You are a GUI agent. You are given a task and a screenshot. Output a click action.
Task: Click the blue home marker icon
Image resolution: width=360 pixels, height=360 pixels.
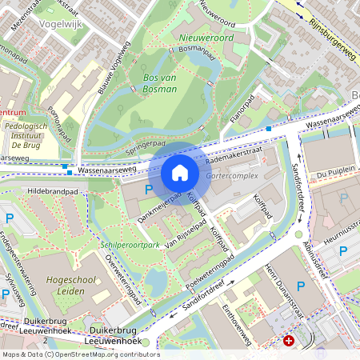tap(180, 173)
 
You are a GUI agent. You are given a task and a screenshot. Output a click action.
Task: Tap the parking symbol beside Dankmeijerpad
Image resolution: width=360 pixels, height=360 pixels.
tap(148, 190)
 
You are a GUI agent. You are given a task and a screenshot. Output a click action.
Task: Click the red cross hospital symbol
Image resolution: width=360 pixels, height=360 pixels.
tap(289, 341)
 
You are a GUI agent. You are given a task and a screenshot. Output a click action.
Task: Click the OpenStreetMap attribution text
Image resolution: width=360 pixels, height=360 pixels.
tap(80, 354)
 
